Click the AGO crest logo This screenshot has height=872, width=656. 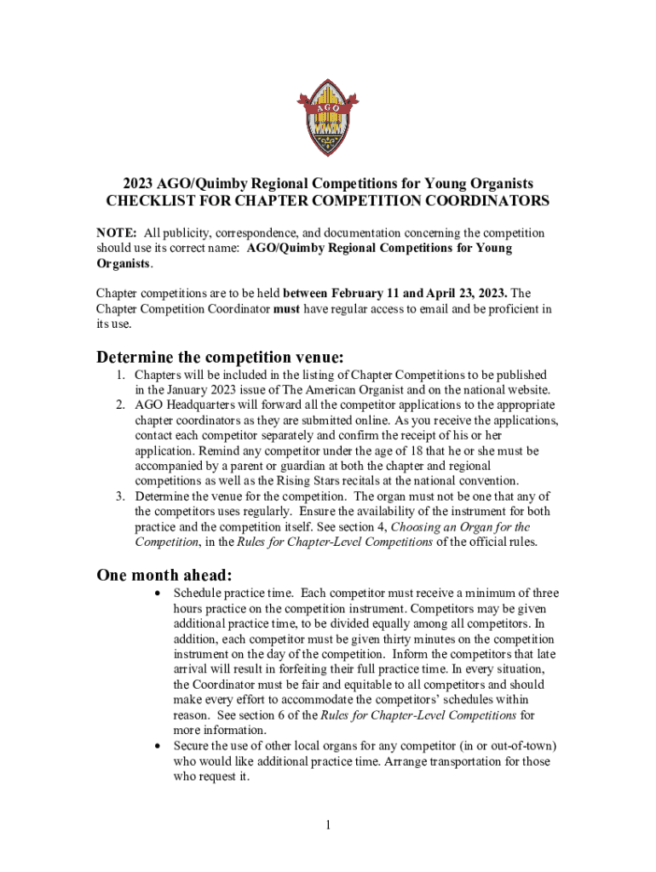328,117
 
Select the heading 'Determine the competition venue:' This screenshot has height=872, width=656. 220,356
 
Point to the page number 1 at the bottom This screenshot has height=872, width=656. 328,824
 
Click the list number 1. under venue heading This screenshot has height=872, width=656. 122,376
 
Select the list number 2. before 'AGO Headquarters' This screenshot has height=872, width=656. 122,405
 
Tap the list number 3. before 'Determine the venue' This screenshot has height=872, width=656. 122,496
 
